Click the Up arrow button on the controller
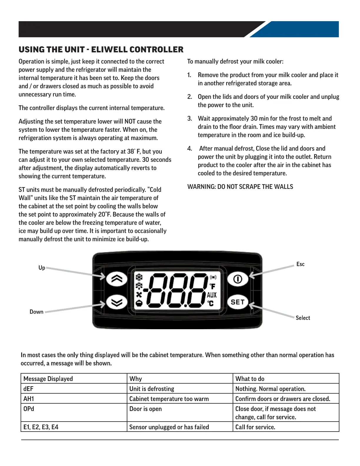pos(116,279)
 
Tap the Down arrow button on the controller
pos(116,302)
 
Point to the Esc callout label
pos(300,264)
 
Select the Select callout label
pos(303,318)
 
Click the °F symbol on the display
pos(212,286)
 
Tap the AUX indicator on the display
pos(212,295)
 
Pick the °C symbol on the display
pos(211,303)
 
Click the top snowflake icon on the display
pos(139,277)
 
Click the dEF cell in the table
pos(29,389)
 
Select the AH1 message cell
pos(29,399)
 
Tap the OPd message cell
pos(29,409)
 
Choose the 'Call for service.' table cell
pos(255,427)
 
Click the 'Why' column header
pos(136,379)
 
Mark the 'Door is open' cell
pos(146,409)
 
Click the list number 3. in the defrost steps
pos(190,119)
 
